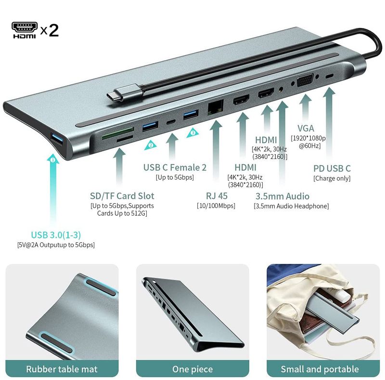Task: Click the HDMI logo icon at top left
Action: [25, 30]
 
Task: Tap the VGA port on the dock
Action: [305, 80]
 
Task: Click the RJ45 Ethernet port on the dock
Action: [216, 107]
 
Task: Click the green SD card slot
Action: [118, 133]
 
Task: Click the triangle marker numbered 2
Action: [151, 145]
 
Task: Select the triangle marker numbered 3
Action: [193, 133]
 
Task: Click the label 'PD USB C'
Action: [332, 169]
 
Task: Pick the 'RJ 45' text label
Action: [217, 196]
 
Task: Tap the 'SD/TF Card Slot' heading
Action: [122, 196]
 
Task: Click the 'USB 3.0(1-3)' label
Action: [56, 235]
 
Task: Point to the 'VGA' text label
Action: [306, 128]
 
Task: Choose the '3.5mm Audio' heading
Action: [282, 196]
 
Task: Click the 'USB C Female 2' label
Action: [175, 168]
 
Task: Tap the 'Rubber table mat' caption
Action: [62, 369]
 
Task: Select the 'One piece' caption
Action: [192, 369]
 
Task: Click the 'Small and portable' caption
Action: [320, 369]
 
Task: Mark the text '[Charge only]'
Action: [332, 178]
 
